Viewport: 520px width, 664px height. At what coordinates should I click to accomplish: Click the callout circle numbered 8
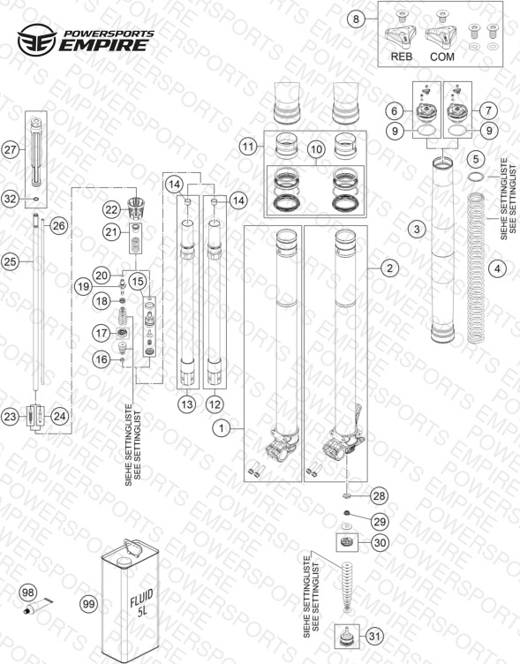pyautogui.click(x=356, y=19)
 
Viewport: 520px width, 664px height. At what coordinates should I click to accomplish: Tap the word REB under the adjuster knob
pyautogui.click(x=401, y=57)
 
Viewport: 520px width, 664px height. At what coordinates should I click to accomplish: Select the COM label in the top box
pyautogui.click(x=442, y=57)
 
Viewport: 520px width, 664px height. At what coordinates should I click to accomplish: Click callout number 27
pyautogui.click(x=11, y=149)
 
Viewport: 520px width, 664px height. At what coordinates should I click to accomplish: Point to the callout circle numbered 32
pyautogui.click(x=11, y=199)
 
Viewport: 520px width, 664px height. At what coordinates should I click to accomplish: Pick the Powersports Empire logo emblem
pyautogui.click(x=37, y=40)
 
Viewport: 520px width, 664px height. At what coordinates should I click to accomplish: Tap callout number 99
pyautogui.click(x=88, y=604)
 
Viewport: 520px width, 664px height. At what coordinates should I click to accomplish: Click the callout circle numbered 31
pyautogui.click(x=374, y=636)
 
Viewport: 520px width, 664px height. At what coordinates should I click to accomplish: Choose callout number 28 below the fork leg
pyautogui.click(x=379, y=495)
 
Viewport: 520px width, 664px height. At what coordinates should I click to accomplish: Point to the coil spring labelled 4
pyautogui.click(x=476, y=268)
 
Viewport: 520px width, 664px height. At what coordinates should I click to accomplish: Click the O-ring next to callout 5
pyautogui.click(x=477, y=176)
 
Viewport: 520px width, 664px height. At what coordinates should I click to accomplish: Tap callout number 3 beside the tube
pyautogui.click(x=417, y=229)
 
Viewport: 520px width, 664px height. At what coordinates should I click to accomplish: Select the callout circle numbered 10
pyautogui.click(x=316, y=149)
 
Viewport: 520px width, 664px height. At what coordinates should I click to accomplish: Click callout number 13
pyautogui.click(x=187, y=404)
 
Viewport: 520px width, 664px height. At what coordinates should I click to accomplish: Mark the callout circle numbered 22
pyautogui.click(x=111, y=209)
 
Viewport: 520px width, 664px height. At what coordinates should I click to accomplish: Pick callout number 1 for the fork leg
pyautogui.click(x=221, y=428)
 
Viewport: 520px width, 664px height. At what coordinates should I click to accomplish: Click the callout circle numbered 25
pyautogui.click(x=11, y=261)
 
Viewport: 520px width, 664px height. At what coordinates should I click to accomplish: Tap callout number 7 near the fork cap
pyautogui.click(x=489, y=110)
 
